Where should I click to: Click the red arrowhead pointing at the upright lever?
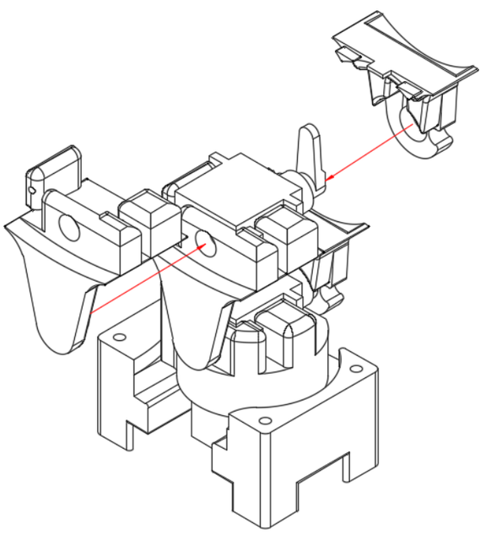click(x=330, y=177)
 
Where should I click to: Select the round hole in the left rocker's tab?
click(x=67, y=227)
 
